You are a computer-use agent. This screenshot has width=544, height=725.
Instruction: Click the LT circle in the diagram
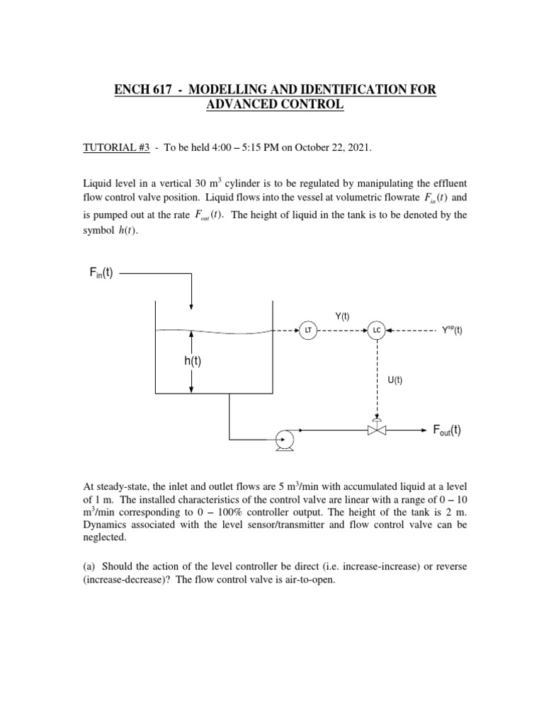click(x=307, y=330)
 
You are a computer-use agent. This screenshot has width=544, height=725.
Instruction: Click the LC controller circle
click(x=376, y=330)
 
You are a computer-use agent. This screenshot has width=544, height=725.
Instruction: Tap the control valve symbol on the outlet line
click(x=377, y=429)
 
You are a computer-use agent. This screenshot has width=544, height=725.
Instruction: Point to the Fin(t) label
click(x=103, y=273)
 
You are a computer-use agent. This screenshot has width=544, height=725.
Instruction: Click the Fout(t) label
click(x=447, y=430)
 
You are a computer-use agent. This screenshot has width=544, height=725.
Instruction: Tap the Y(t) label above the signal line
click(x=342, y=316)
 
